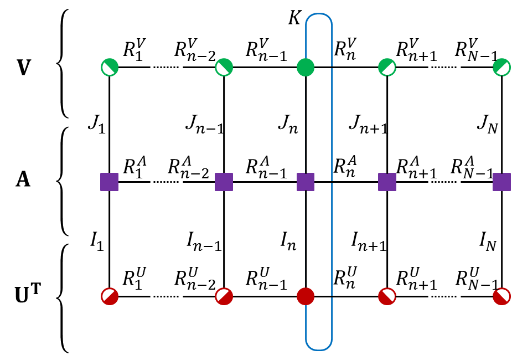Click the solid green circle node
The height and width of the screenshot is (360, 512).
306,68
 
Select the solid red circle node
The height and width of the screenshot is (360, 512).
306,296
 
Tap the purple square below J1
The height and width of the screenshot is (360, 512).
109,182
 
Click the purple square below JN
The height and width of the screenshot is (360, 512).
501,182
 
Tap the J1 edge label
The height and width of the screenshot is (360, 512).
96,123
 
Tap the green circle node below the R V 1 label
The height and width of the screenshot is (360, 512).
109,68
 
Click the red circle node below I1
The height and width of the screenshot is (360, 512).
109,296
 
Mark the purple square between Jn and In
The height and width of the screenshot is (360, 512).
306,182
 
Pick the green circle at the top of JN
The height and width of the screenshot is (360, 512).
501,68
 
